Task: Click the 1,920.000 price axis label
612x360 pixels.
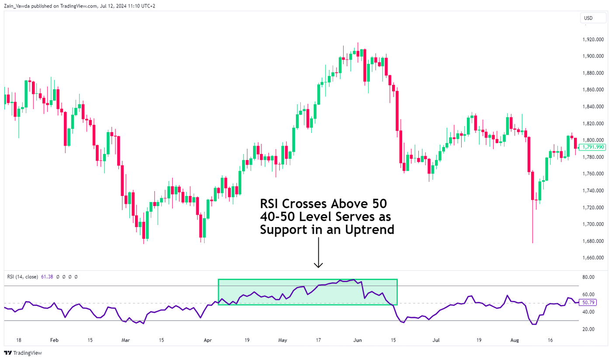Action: (x=593, y=39)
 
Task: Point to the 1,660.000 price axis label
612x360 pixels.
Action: (x=593, y=258)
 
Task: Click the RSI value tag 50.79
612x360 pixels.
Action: (x=587, y=302)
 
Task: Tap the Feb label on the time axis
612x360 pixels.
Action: (x=54, y=340)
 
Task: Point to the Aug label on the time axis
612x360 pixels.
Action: (x=527, y=340)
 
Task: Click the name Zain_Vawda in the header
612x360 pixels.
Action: (x=17, y=7)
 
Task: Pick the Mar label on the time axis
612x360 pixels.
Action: (x=125, y=340)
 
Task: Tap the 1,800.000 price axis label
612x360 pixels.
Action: (x=593, y=140)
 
